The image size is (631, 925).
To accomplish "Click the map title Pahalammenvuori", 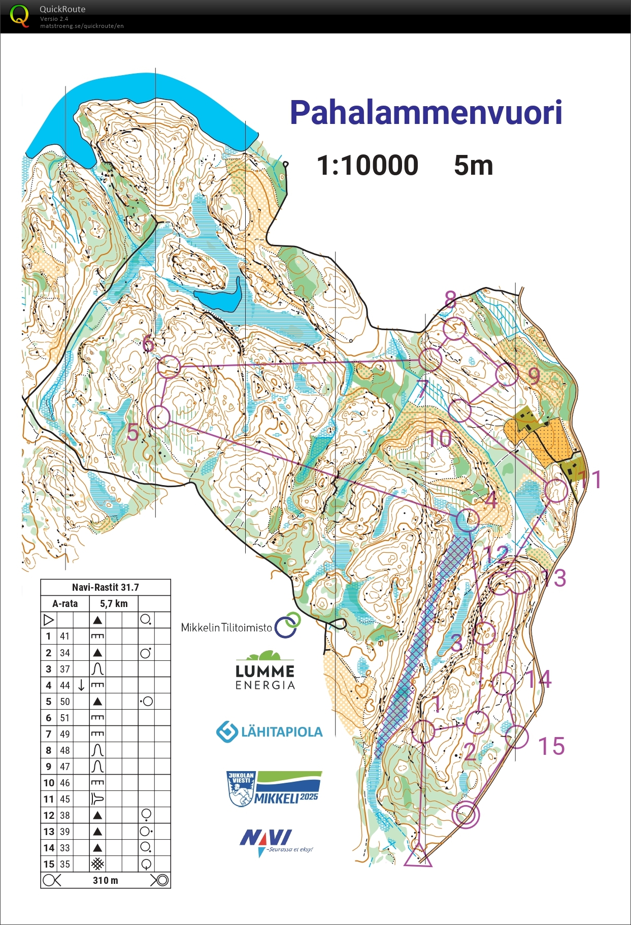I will click(x=425, y=112).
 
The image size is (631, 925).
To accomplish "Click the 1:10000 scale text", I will click(x=368, y=166).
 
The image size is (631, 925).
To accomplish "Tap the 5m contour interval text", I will click(x=473, y=166).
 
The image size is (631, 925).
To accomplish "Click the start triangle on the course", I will click(x=418, y=856).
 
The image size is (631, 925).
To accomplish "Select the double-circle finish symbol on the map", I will click(x=466, y=814).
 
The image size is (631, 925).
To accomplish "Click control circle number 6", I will click(x=169, y=366).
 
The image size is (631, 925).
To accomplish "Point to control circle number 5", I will click(x=158, y=417).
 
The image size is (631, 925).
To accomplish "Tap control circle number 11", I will click(x=556, y=491).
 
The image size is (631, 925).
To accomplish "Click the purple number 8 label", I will click(x=450, y=300).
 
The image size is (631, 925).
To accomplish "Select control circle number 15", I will click(x=517, y=737).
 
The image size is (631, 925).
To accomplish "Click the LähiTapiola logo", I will click(x=270, y=732).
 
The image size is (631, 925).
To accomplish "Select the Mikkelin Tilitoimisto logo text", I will click(x=227, y=628).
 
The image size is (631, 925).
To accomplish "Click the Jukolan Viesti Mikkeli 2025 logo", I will click(x=275, y=789).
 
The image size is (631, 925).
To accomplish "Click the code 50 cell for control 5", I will click(x=65, y=701).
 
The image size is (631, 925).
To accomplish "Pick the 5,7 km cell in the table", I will click(x=114, y=603).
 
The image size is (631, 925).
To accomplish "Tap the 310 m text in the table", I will click(x=105, y=880).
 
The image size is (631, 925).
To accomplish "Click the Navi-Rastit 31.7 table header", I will click(x=105, y=587).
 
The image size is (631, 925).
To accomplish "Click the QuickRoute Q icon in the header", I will click(x=19, y=15).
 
